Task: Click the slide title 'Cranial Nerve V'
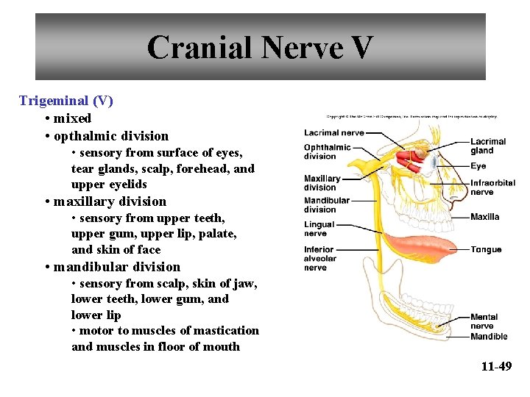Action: coord(260,48)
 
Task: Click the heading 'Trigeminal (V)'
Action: coord(66,101)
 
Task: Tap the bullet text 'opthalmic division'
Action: coord(110,136)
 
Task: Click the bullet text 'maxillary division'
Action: coord(110,201)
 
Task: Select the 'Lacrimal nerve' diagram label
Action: coord(333,133)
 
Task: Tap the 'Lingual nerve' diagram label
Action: coord(319,229)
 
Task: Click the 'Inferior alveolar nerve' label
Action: coord(320,259)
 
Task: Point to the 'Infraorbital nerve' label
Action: coord(492,187)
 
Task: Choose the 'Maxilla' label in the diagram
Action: coord(485,217)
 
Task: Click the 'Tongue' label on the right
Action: coord(486,250)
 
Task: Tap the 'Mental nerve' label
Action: coord(484,321)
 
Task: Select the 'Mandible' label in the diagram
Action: coord(489,337)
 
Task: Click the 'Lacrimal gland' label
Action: coord(488,146)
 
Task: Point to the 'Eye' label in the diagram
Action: coord(478,166)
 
